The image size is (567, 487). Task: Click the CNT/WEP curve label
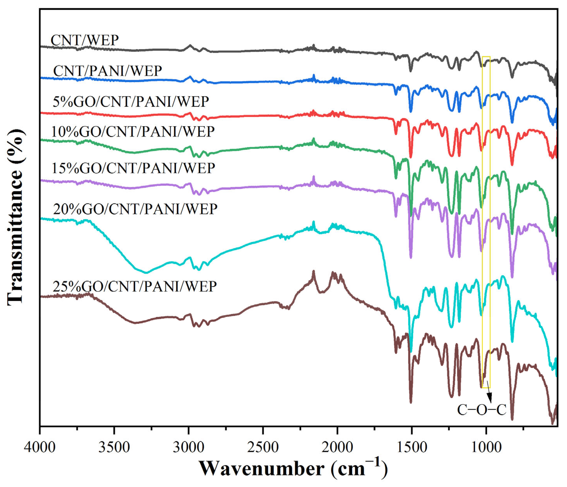[84, 40]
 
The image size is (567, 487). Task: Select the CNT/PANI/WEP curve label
[108, 71]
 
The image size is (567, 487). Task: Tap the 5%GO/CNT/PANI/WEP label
[131, 102]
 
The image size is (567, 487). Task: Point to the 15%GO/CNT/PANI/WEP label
[133, 168]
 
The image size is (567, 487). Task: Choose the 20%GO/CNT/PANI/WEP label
[135, 209]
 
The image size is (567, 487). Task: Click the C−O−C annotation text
[482, 410]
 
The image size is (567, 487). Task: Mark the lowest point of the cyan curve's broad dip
[146, 273]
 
